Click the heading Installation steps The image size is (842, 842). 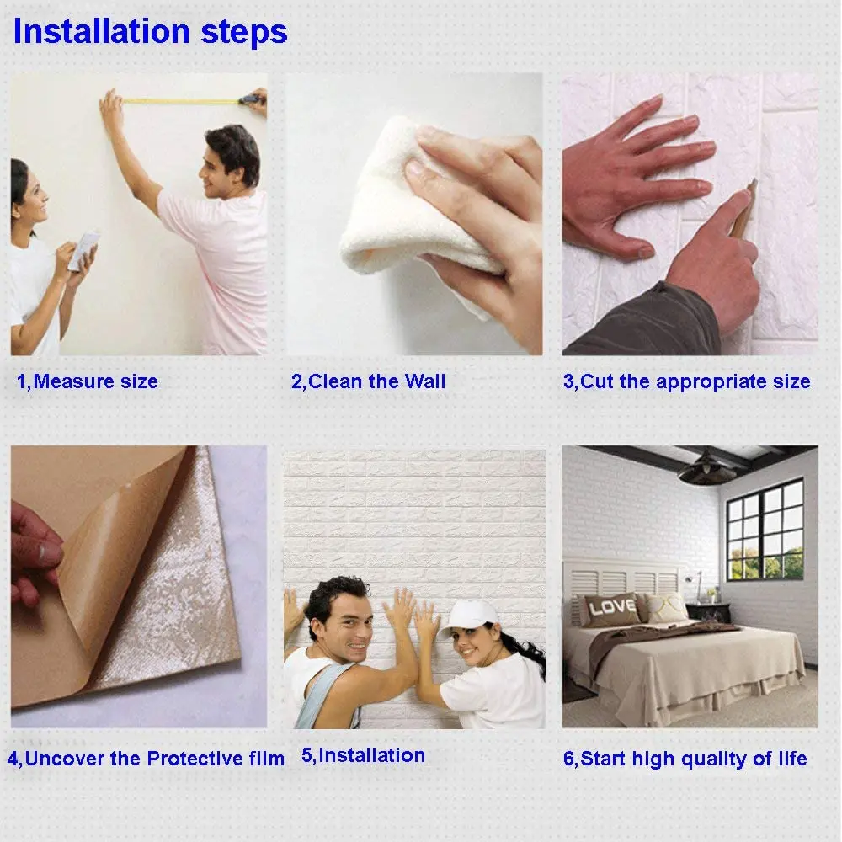point(150,32)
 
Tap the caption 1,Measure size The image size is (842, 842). point(88,381)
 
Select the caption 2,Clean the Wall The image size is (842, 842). point(368,381)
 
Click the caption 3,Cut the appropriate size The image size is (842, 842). point(686,381)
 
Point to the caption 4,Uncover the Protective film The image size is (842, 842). point(146,759)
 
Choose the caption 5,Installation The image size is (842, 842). point(363,755)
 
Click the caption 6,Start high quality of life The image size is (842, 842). point(685,759)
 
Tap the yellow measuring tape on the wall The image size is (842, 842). point(181,101)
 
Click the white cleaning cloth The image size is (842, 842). point(404,210)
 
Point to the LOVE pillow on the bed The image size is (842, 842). point(612,608)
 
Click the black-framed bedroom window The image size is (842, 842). point(764,528)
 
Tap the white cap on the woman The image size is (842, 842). point(468,616)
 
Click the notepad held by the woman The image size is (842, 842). point(83,250)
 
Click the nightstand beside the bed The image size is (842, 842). point(701,611)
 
